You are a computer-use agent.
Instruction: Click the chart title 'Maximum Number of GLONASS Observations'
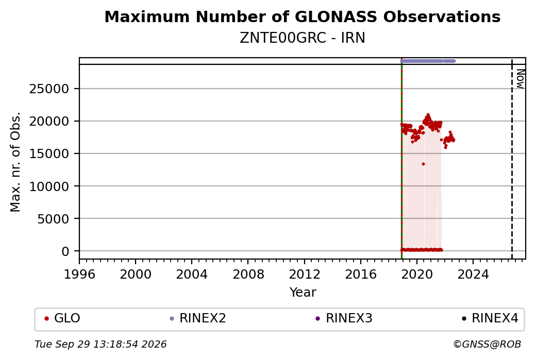[302, 16]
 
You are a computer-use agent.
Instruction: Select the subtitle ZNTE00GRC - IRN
[302, 38]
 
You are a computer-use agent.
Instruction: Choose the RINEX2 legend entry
[198, 318]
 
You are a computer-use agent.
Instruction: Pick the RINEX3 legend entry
[344, 318]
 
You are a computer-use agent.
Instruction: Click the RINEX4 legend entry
[491, 318]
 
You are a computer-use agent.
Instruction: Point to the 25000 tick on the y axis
[49, 89]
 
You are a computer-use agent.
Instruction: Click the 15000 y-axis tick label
[49, 153]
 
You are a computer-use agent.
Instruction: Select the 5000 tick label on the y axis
[53, 218]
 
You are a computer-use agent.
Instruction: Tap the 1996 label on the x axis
[79, 275]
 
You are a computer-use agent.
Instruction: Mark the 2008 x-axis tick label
[248, 275]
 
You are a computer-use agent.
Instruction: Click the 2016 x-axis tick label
[361, 275]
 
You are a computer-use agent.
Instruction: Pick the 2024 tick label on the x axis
[473, 275]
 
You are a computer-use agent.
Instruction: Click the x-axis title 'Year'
[303, 293]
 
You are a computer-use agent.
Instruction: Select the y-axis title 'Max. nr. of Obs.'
[15, 162]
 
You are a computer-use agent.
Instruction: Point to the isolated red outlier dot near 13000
[423, 164]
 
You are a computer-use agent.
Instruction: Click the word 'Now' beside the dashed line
[520, 79]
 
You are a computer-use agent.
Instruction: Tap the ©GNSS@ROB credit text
[487, 344]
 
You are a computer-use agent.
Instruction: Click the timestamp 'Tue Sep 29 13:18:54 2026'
[100, 344]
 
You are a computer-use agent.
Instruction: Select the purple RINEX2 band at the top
[428, 61]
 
